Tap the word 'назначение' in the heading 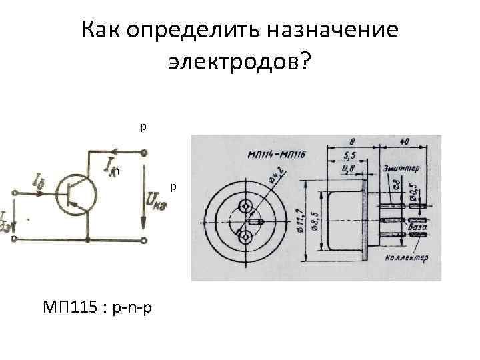[331, 30]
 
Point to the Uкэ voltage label [155, 198]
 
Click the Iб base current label [37, 179]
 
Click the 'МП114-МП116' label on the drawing [276, 154]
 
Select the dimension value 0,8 [348, 170]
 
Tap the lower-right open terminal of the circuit [143, 239]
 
